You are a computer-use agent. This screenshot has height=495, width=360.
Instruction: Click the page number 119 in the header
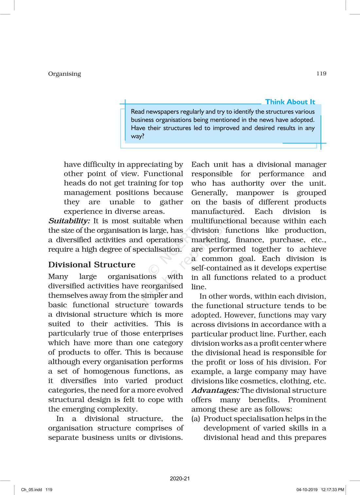point(321,73)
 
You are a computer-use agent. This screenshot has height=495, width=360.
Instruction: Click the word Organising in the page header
point(64,74)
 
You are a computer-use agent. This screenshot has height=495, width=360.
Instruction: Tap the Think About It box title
point(290,102)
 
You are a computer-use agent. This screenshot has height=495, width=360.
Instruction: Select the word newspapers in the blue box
point(161,112)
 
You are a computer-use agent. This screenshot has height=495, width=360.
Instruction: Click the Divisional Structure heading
point(92,265)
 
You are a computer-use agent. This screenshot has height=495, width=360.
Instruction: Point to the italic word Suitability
point(69,221)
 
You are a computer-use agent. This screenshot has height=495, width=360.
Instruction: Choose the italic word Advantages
point(215,390)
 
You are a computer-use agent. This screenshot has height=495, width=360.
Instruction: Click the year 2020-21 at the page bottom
point(180,478)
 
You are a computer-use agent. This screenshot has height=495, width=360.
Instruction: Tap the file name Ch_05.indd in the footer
point(32,490)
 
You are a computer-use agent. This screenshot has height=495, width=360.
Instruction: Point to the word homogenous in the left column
point(107,371)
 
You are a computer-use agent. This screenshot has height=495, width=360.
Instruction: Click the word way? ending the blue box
point(137,136)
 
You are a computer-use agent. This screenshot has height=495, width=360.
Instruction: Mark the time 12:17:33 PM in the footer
point(333,490)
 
